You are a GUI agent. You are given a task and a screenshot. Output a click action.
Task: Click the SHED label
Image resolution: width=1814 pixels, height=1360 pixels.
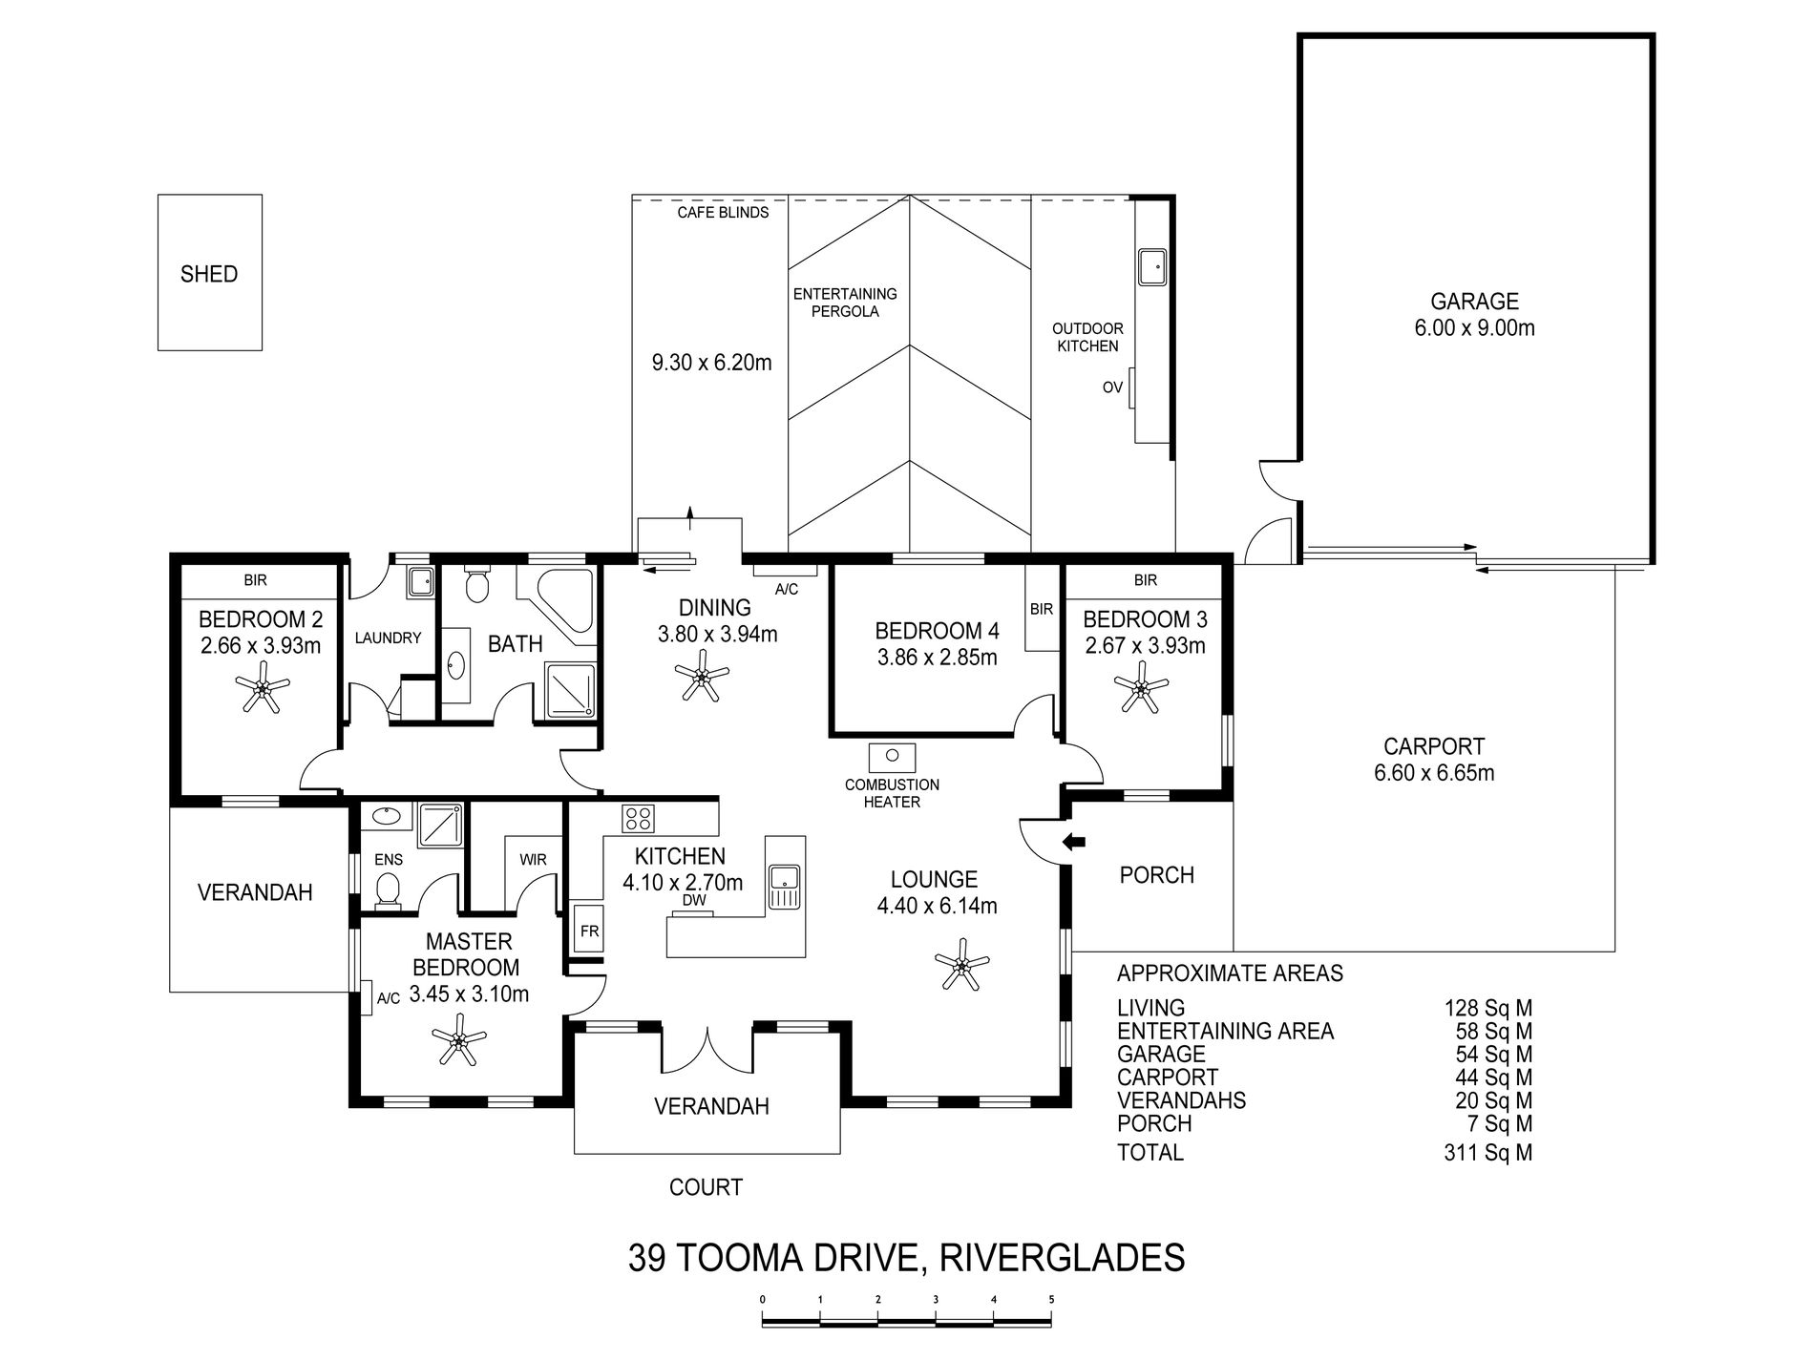209,275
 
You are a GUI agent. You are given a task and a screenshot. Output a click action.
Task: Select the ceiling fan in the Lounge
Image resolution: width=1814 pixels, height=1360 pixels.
961,968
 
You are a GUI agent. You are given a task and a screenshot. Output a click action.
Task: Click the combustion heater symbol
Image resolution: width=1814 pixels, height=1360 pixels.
892,757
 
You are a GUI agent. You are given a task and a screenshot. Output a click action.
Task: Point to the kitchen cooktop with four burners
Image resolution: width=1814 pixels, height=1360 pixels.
638,818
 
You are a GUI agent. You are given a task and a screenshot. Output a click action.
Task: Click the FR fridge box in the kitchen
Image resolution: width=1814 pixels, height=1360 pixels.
589,931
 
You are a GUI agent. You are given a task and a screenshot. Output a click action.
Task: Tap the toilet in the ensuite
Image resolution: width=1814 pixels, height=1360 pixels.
388,891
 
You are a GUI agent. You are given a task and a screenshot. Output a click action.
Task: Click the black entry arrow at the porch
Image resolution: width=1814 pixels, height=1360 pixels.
1075,842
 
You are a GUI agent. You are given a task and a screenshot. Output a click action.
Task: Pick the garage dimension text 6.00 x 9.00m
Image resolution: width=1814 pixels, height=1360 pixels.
1474,328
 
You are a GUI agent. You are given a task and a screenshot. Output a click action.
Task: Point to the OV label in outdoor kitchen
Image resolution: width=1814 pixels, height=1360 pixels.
1112,387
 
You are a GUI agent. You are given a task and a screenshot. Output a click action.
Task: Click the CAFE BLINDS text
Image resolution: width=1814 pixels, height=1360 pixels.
723,213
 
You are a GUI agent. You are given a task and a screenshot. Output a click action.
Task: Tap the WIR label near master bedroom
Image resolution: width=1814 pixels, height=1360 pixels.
533,860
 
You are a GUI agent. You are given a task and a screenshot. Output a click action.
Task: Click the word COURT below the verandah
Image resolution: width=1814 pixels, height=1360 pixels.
706,1188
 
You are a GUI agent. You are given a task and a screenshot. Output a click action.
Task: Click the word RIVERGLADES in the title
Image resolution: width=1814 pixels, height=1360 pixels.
1063,1258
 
